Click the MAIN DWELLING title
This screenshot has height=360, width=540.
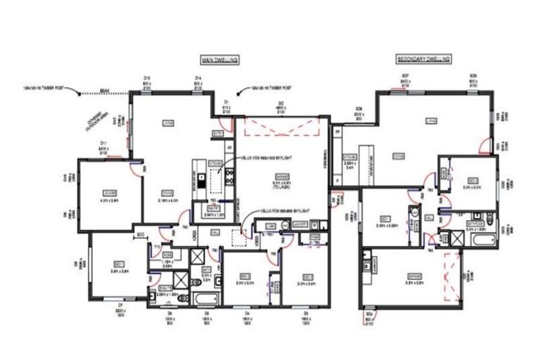coord(220,60)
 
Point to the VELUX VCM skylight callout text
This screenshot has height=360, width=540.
coord(266,159)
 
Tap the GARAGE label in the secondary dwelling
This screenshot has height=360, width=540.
coord(409,282)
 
